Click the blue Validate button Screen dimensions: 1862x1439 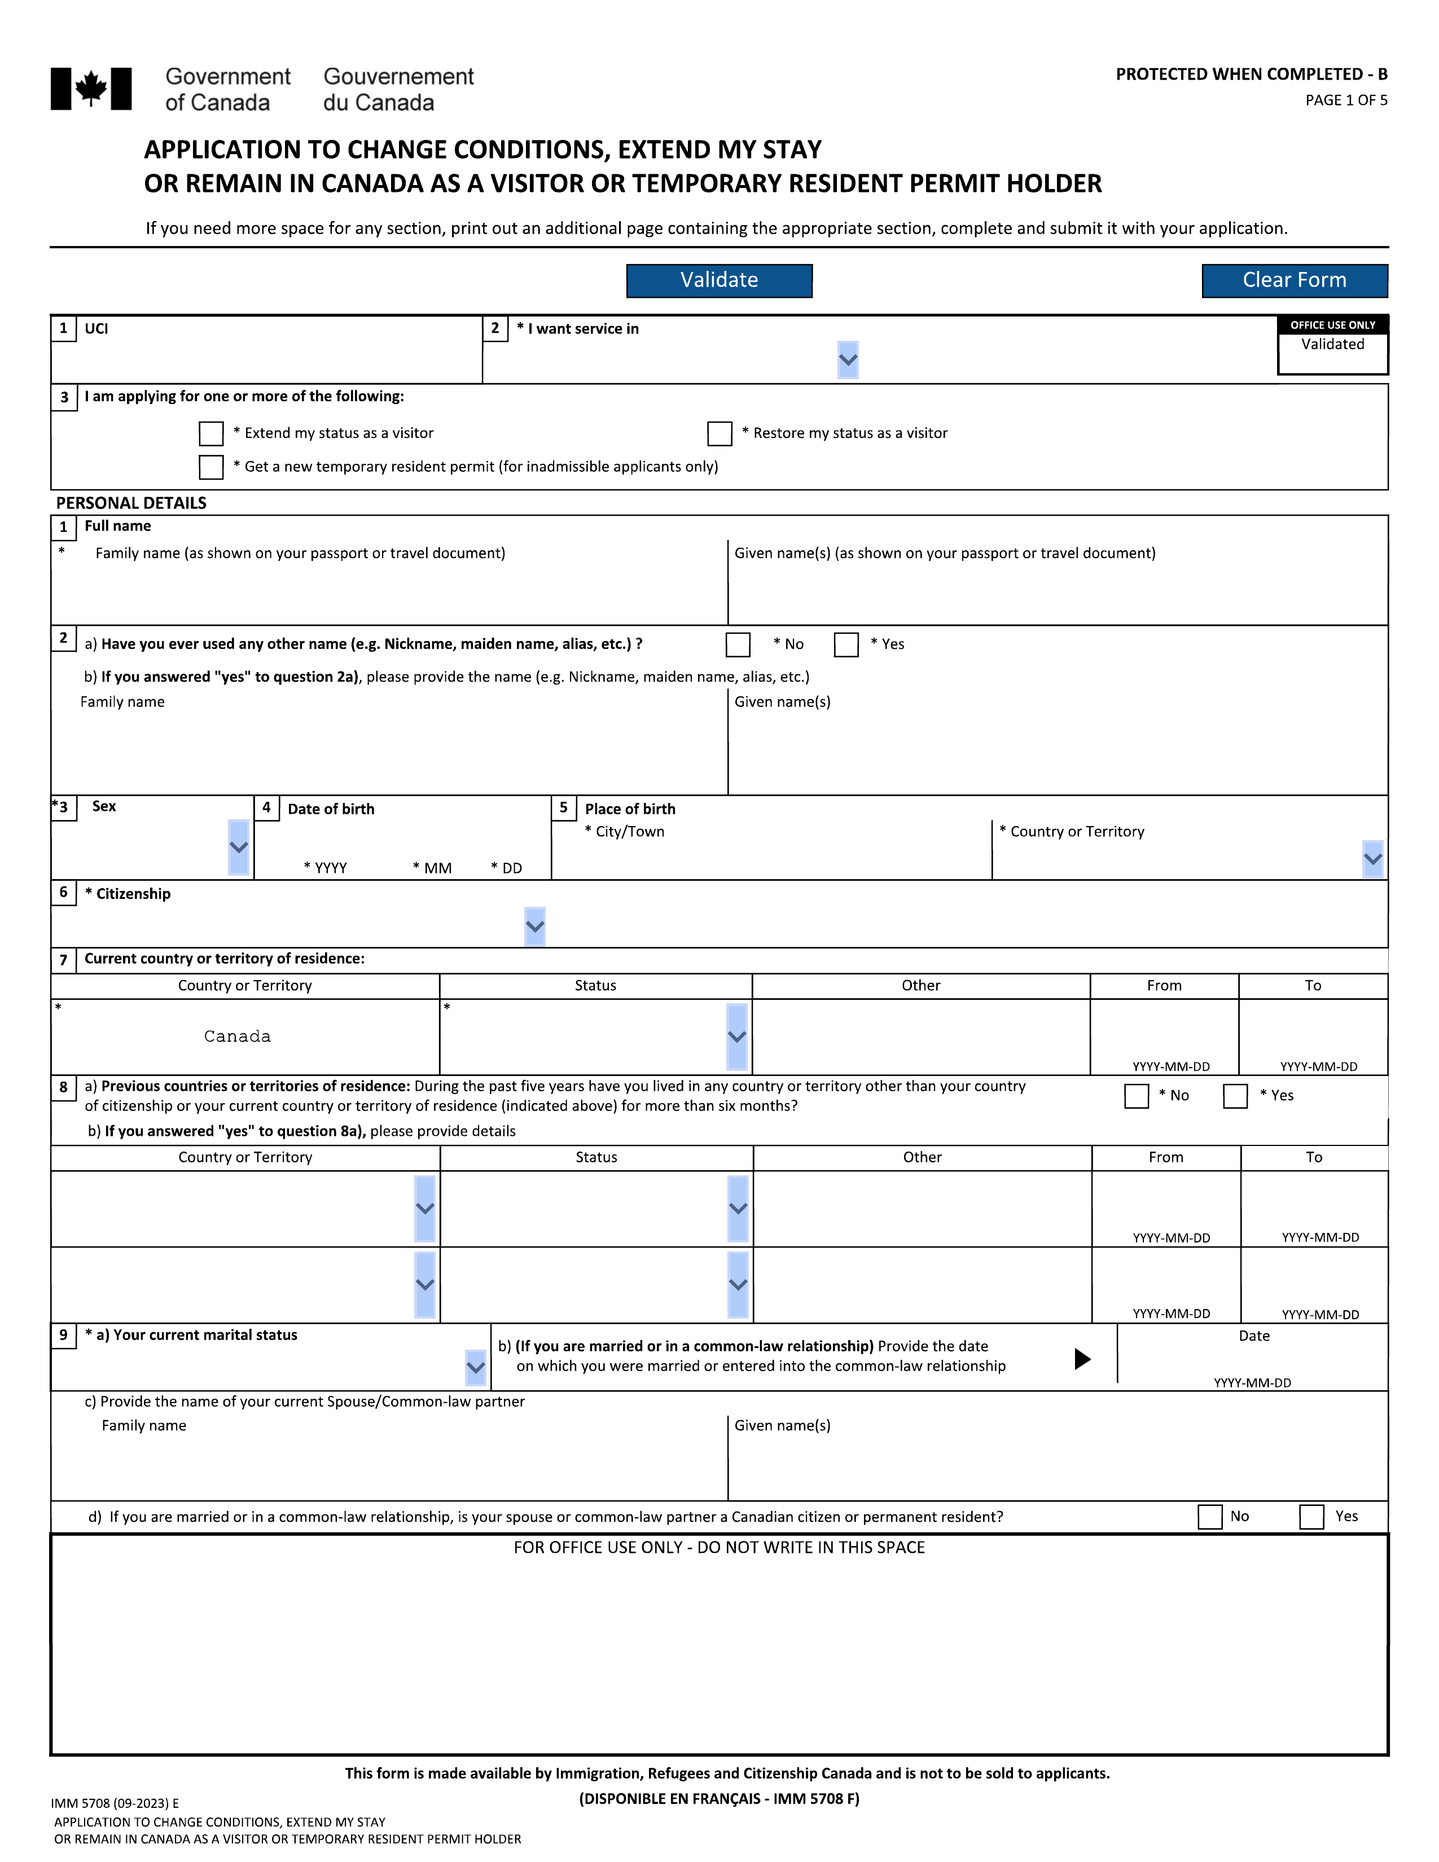[x=718, y=280]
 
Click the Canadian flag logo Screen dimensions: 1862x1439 [x=91, y=89]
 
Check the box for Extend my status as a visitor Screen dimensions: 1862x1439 [x=210, y=433]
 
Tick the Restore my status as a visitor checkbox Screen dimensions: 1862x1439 [x=719, y=433]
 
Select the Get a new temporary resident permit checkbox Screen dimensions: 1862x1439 [x=210, y=467]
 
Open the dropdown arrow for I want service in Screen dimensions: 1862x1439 [x=848, y=360]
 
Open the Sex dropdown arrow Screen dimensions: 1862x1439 [x=239, y=847]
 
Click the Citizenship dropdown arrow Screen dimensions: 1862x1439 [x=534, y=926]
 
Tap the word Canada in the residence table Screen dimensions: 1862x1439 [x=237, y=1037]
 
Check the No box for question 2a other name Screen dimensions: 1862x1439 [x=738, y=644]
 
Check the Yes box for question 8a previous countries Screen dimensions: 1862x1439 [x=1235, y=1096]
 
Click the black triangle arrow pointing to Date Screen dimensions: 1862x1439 [x=1082, y=1359]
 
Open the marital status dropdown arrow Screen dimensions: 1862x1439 [x=476, y=1368]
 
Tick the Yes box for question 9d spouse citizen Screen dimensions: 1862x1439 [x=1311, y=1517]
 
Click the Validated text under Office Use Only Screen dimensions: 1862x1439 [x=1332, y=344]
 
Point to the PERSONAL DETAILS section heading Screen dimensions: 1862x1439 [x=131, y=503]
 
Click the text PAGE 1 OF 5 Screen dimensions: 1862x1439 [x=1346, y=100]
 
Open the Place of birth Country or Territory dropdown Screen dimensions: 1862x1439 [x=1372, y=859]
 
